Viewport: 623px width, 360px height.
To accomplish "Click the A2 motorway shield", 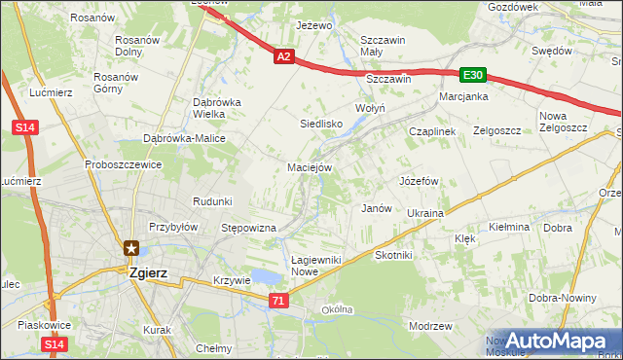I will coord(283,57).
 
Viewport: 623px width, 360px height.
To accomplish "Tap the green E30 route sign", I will coord(473,75).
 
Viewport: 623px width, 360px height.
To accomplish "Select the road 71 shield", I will coord(279,302).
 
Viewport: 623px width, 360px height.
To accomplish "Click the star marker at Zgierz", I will coord(130,249).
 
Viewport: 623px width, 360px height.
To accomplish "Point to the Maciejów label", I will coord(311,167).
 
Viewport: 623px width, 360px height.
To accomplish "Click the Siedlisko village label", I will coord(320,124).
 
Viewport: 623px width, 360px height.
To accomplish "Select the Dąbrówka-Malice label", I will coord(185,138).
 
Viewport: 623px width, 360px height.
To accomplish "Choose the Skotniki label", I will coord(394,254).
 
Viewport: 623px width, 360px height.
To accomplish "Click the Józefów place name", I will coord(420,181).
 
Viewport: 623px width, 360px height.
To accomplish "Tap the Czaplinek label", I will coord(432,130).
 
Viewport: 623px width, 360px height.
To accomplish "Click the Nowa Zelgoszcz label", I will coord(559,123).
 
